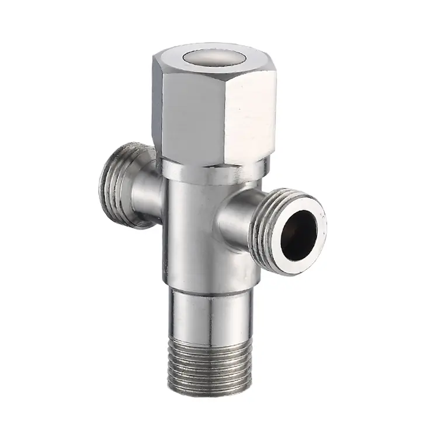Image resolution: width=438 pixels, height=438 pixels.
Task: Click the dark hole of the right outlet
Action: [x=298, y=228]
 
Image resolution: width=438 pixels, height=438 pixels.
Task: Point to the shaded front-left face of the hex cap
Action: [x=187, y=117]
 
